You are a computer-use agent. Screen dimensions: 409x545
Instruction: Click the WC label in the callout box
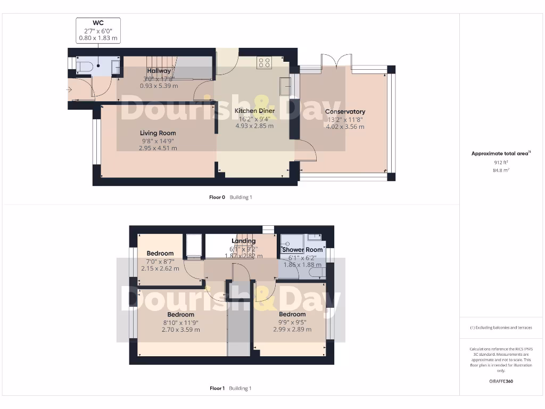coord(98,23)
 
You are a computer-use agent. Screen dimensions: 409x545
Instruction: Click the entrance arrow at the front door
coord(69,89)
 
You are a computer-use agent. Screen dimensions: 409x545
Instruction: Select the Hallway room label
coord(159,71)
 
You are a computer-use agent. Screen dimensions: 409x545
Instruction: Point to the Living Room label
coord(158,133)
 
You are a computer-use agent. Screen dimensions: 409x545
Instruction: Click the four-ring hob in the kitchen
coord(264,63)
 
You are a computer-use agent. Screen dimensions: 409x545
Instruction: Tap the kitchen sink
coord(285,85)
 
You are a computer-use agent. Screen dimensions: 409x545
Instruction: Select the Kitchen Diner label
coord(254,111)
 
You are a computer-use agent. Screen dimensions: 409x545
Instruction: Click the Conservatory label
coord(345,111)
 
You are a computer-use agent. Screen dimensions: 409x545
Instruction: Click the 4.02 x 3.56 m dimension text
coord(345,127)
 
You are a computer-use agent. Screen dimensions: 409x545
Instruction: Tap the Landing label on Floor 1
coord(243,241)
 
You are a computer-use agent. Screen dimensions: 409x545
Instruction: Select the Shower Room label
coord(302,250)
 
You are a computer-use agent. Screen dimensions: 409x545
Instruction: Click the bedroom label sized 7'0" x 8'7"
coord(160,253)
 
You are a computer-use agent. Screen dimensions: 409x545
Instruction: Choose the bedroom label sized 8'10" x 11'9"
coord(180,314)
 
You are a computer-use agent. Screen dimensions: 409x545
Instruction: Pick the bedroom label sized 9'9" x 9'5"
coord(292,314)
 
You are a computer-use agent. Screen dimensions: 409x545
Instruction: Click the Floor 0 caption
coord(217,197)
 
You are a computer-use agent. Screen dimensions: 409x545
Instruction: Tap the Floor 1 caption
coord(217,388)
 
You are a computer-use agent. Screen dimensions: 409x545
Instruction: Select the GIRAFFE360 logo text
coord(500,381)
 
